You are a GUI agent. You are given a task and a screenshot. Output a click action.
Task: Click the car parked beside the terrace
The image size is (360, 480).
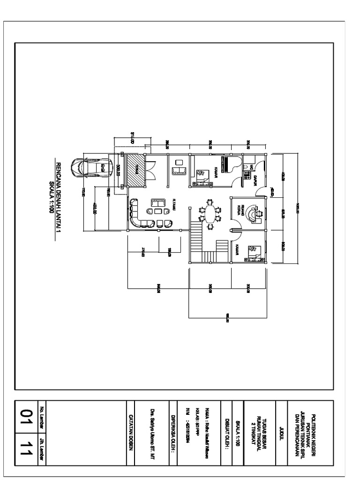[91, 166]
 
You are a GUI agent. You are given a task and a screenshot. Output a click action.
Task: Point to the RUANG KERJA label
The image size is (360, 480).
[241, 209]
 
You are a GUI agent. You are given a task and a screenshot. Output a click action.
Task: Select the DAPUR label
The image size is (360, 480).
[256, 180]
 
